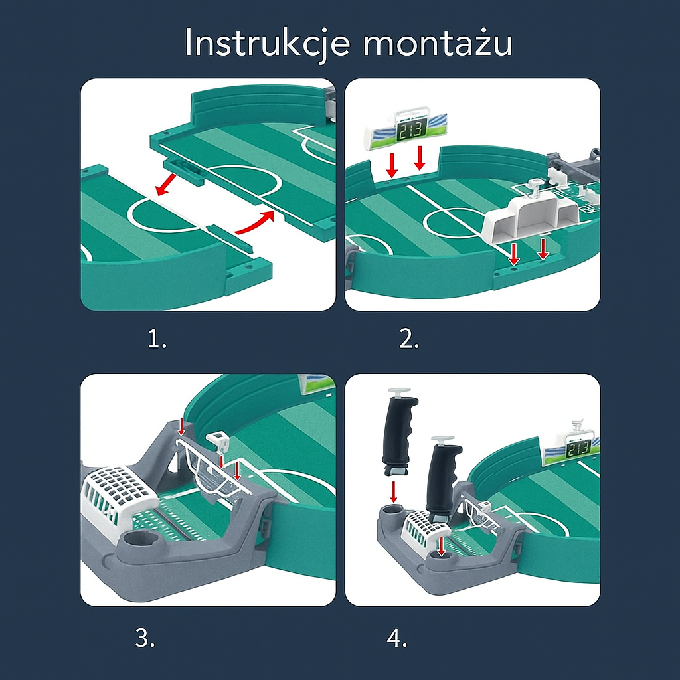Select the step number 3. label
(x=145, y=638)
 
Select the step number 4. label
(x=396, y=638)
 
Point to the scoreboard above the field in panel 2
(x=405, y=130)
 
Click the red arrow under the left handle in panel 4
(x=394, y=492)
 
